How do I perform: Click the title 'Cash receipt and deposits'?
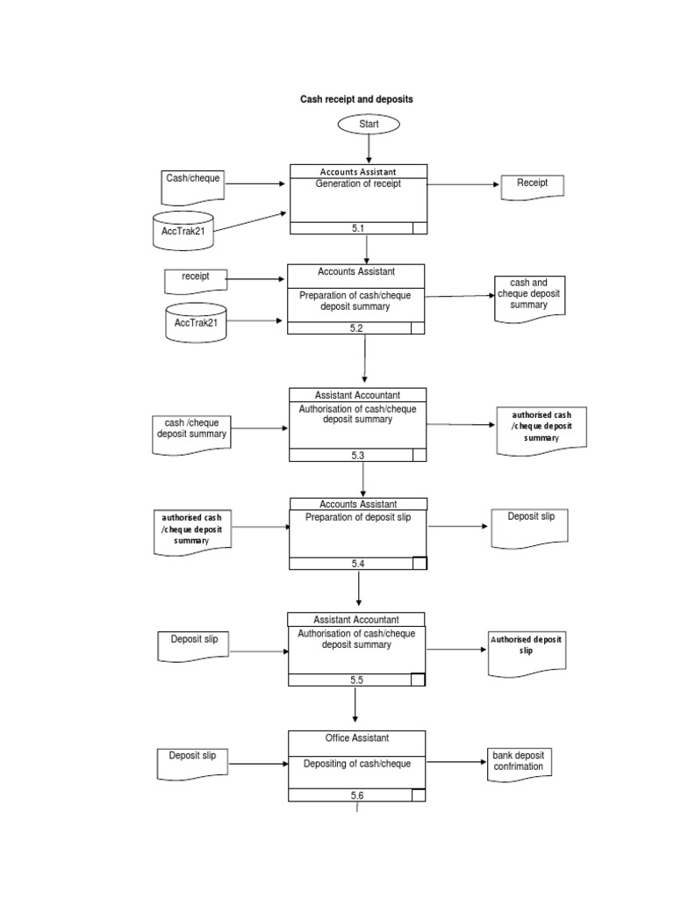[356, 100]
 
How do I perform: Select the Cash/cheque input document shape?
[193, 183]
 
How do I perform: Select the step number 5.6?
[356, 795]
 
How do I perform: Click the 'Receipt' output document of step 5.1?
[532, 186]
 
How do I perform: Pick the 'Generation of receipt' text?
[358, 184]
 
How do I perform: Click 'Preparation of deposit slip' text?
[357, 518]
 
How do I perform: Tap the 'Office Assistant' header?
[356, 738]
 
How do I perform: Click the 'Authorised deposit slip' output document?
[525, 650]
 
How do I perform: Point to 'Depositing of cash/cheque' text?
[356, 764]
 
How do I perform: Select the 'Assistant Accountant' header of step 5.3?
[357, 395]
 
